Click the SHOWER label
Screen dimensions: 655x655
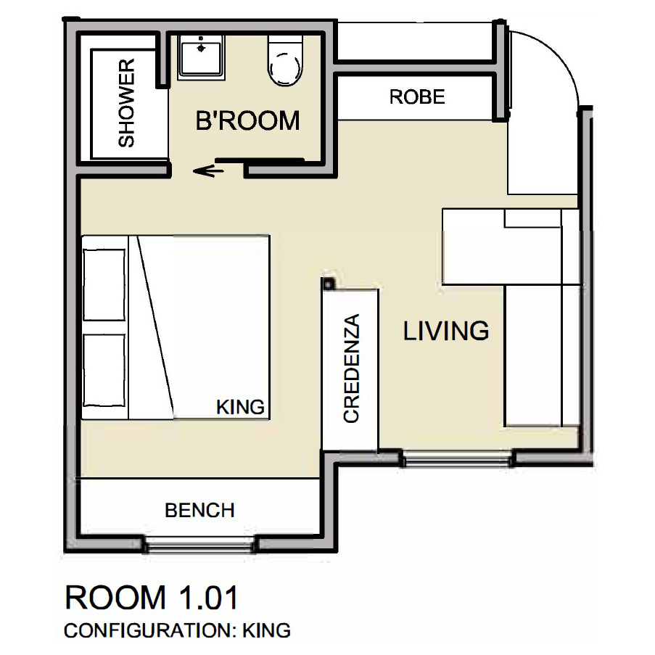[126, 103]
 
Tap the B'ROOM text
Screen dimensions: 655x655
[248, 120]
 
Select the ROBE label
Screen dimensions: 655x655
[417, 97]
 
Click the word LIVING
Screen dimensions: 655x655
[446, 331]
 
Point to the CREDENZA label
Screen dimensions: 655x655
[351, 368]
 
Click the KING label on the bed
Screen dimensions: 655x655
[241, 407]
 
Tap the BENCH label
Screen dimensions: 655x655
[199, 511]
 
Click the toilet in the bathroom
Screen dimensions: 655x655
[285, 61]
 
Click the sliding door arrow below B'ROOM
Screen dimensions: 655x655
[207, 170]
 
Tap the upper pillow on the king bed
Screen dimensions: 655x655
[104, 285]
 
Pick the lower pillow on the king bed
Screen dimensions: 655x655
[104, 370]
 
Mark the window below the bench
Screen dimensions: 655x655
[200, 545]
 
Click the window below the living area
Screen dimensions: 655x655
[457, 458]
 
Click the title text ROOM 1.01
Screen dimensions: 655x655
[152, 598]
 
